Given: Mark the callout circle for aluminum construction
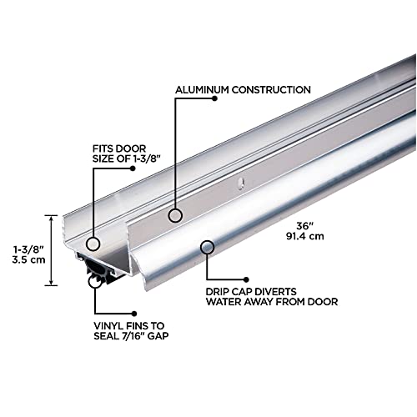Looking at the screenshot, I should tap(175, 215).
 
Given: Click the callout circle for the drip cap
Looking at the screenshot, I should tap(205, 246).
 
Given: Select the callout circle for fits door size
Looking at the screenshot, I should tap(93, 244).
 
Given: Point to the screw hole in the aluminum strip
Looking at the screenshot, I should tap(239, 178).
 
